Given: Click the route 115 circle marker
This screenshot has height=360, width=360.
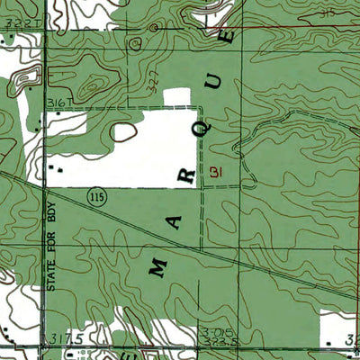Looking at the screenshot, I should (94, 195).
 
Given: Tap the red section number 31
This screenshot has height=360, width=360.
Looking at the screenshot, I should (214, 171).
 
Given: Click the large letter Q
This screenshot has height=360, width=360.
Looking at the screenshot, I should (205, 127).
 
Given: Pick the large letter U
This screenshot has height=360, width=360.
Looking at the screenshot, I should (215, 82).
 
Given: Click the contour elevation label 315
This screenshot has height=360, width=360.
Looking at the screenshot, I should (301, 13).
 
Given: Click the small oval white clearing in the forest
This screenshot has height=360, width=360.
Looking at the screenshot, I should (122, 132).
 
